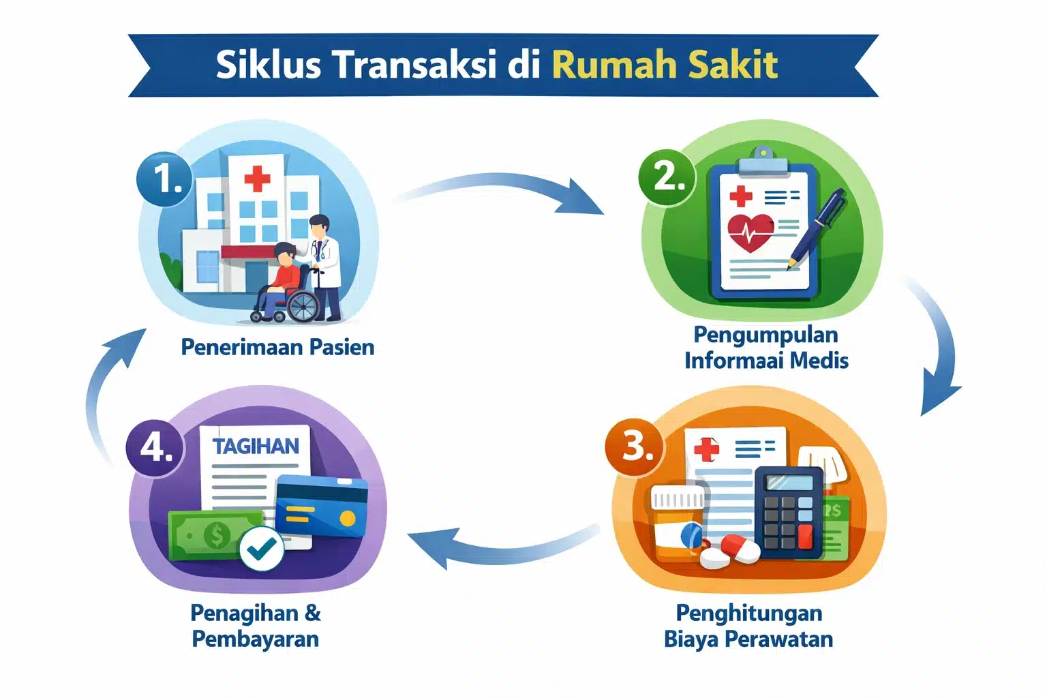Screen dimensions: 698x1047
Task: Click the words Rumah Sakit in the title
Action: point(665,65)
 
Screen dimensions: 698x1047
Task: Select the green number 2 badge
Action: point(667,177)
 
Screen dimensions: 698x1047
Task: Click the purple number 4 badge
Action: point(156,448)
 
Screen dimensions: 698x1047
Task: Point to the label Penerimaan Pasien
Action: point(277,347)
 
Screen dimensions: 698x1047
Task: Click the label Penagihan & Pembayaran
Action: point(256,626)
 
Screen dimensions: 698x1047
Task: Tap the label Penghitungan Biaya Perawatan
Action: point(748,626)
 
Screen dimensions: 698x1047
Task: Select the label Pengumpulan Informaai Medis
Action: point(766,347)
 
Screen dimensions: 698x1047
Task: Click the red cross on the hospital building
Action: point(257,179)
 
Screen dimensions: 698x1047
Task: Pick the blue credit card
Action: point(322,507)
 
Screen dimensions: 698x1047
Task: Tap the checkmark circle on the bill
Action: point(261,548)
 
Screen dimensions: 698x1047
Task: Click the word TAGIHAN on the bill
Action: point(256,446)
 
